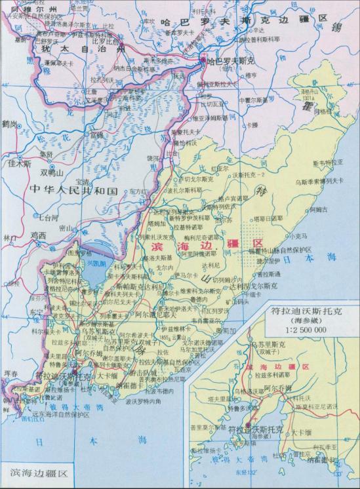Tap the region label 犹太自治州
(x=83, y=50)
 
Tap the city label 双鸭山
(x=52, y=173)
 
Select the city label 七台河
(x=47, y=215)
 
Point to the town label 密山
(x=66, y=228)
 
